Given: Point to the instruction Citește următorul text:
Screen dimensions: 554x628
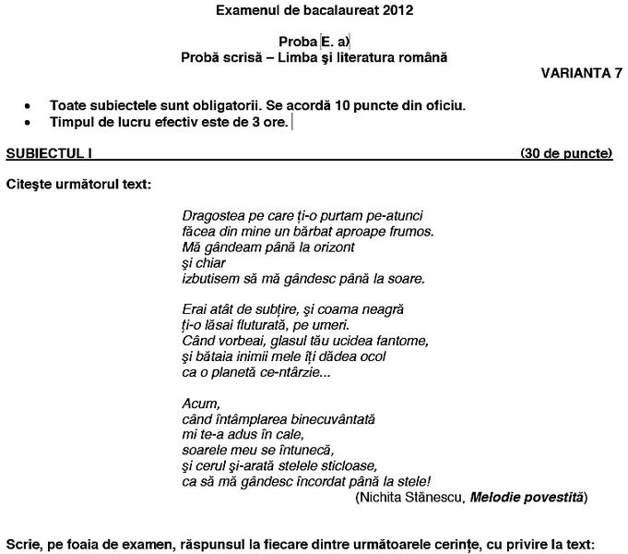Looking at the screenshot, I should pos(78,184).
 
